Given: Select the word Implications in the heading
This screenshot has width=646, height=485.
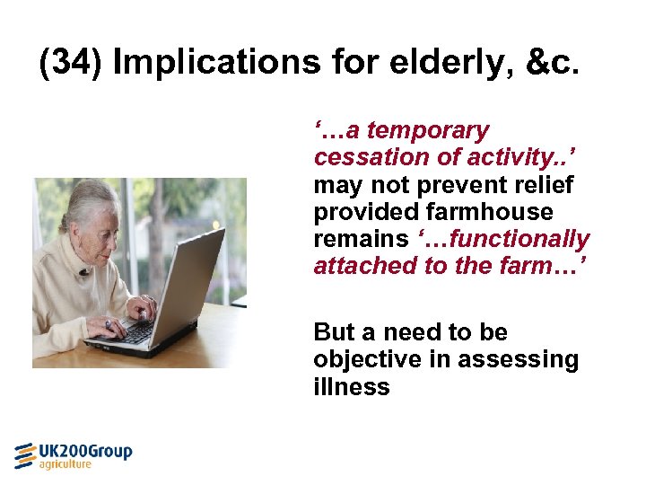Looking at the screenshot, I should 215,63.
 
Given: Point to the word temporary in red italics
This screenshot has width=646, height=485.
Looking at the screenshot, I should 429,131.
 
